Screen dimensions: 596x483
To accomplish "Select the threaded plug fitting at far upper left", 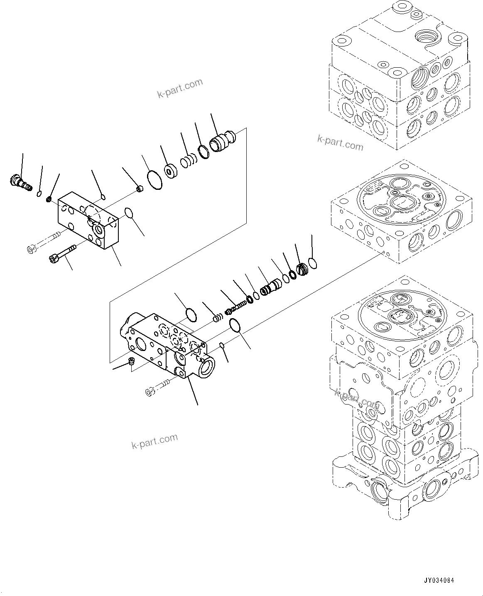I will pos(19,182).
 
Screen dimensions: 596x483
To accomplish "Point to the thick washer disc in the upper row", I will pos(171,171).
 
